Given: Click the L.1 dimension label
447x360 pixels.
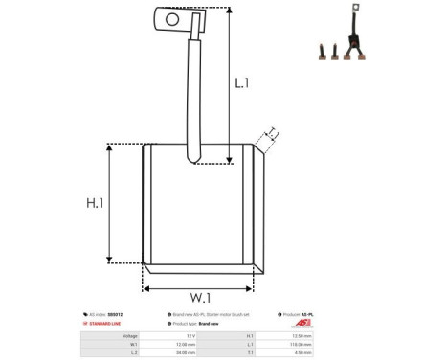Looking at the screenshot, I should [x=241, y=83].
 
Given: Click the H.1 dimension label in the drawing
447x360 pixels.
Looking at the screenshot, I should [x=95, y=203].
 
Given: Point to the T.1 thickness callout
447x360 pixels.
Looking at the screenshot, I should [x=272, y=133].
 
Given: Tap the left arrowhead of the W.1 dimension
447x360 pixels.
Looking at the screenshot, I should [x=146, y=289].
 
